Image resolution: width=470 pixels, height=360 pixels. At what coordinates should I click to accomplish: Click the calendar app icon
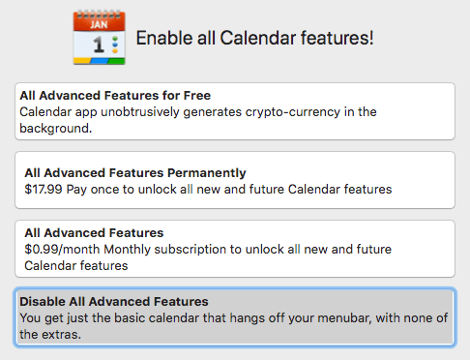pos(99,38)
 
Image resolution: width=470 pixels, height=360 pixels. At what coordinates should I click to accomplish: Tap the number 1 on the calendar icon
pos(93,45)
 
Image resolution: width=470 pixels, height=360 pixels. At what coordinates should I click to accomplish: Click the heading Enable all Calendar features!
pos(254,38)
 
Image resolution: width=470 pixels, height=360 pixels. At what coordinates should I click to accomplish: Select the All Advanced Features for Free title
pos(115,96)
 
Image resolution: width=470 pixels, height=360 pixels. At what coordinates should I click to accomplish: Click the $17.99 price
pos(44,190)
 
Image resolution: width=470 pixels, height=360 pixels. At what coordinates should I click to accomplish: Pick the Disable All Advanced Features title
pos(113,302)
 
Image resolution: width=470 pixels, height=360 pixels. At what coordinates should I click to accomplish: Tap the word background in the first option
pos(54,129)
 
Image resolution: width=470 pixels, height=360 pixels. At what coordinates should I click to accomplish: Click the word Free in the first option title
pos(196,96)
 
